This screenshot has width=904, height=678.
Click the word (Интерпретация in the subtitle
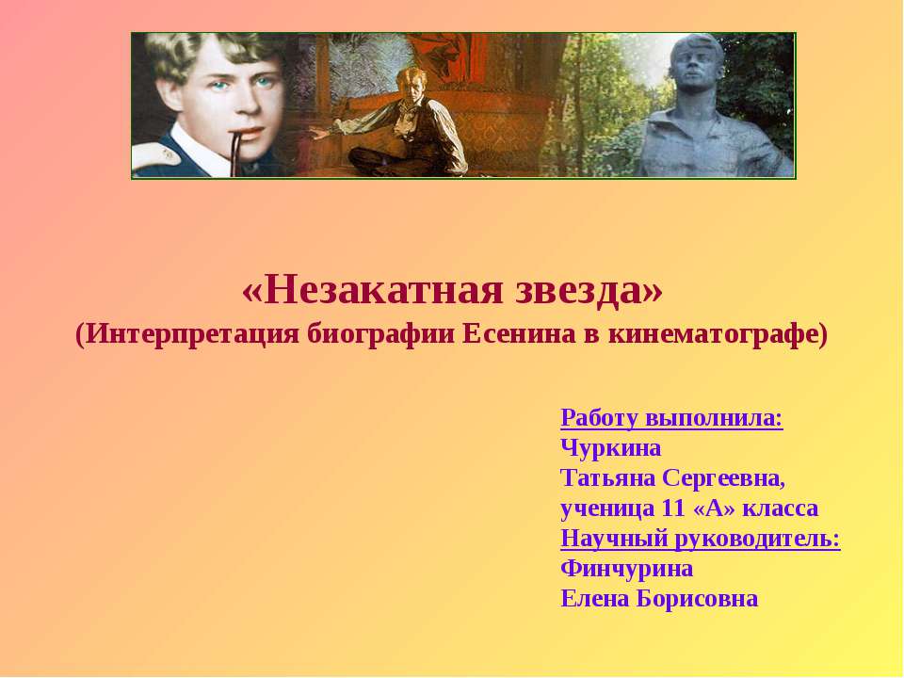coord(188,334)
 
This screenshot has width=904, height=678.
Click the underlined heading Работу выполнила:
coord(671,417)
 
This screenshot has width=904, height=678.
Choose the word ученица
coord(607,508)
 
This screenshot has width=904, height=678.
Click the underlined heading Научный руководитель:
coord(700,539)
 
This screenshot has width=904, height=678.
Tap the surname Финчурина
coord(626,569)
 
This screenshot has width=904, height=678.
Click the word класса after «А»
coord(781,508)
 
